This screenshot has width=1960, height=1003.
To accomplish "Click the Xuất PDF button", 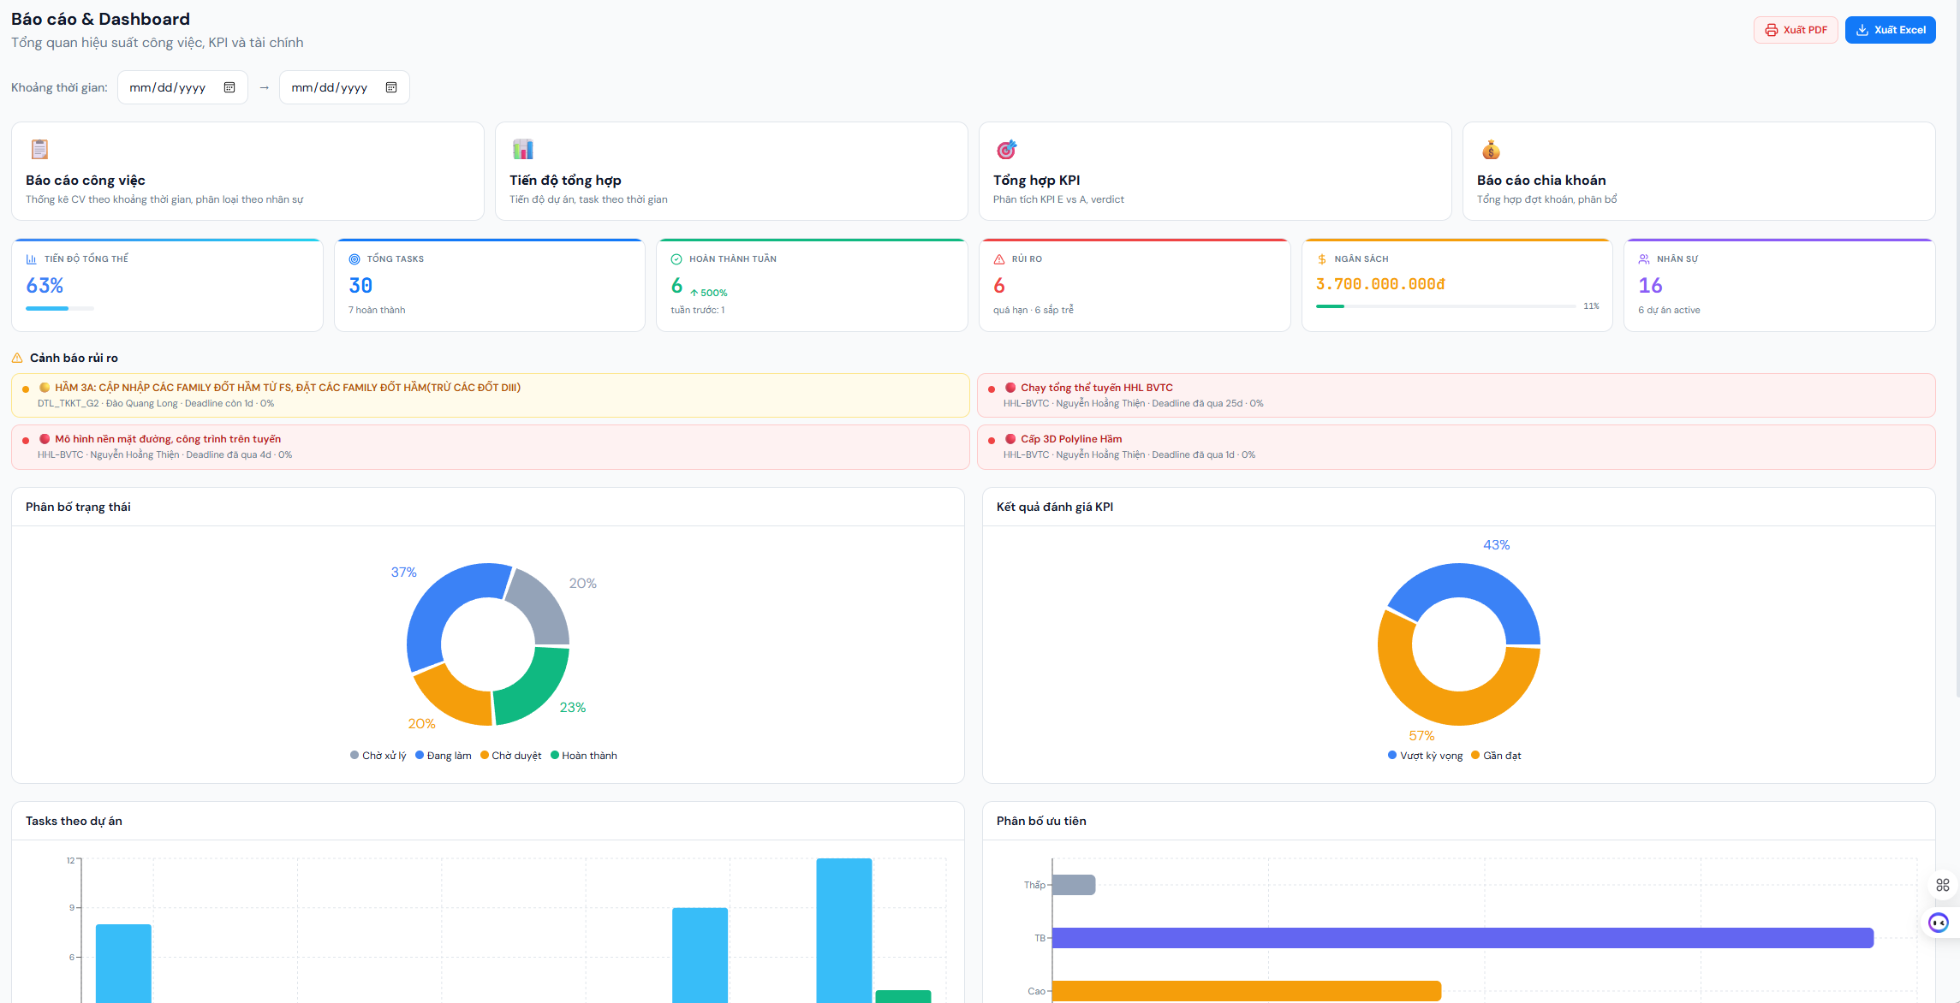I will [1795, 30].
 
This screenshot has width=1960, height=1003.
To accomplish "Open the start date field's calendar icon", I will [229, 87].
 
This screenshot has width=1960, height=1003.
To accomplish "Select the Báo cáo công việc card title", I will [86, 180].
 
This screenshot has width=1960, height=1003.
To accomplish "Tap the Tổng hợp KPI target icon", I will [1006, 150].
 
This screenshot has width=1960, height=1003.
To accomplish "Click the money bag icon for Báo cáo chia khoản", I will [1491, 150].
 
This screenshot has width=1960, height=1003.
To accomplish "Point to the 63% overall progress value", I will [45, 285].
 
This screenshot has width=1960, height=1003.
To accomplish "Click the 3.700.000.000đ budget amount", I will [1379, 284].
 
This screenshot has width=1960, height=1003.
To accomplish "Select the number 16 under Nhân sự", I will [1650, 285].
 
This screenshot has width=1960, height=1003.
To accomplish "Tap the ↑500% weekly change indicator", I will [709, 293].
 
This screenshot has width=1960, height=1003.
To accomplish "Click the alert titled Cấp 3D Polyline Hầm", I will [1070, 439].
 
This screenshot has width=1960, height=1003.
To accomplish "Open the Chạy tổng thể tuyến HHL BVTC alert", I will [1096, 388].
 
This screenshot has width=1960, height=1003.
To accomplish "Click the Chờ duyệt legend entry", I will [511, 756].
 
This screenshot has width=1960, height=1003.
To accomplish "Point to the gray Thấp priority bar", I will [1074, 885].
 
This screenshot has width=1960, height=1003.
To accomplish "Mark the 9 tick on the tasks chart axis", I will [72, 908].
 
